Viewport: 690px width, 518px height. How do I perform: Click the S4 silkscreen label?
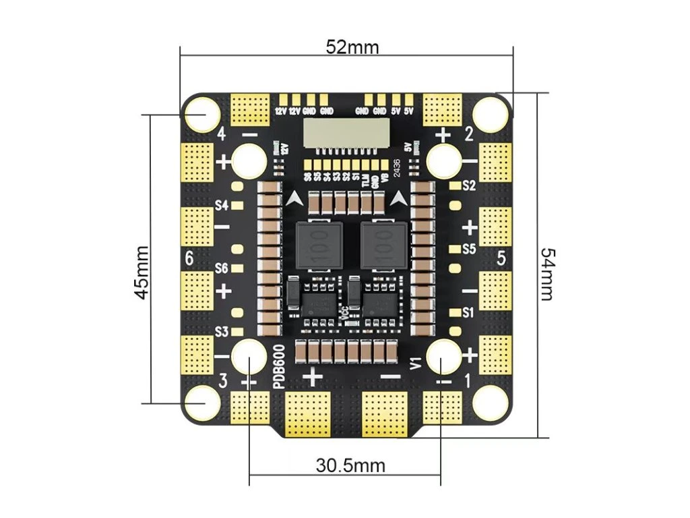pos(221,205)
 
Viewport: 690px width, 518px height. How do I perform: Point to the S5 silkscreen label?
pos(469,249)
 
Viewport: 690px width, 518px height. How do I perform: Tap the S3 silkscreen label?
pos(221,331)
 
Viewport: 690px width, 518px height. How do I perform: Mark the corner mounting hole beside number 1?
pos(489,403)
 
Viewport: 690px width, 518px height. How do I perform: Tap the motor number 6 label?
pos(189,258)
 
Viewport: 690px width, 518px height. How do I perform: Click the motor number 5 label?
pos(501,258)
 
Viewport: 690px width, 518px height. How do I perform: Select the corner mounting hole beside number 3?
pos(201,403)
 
